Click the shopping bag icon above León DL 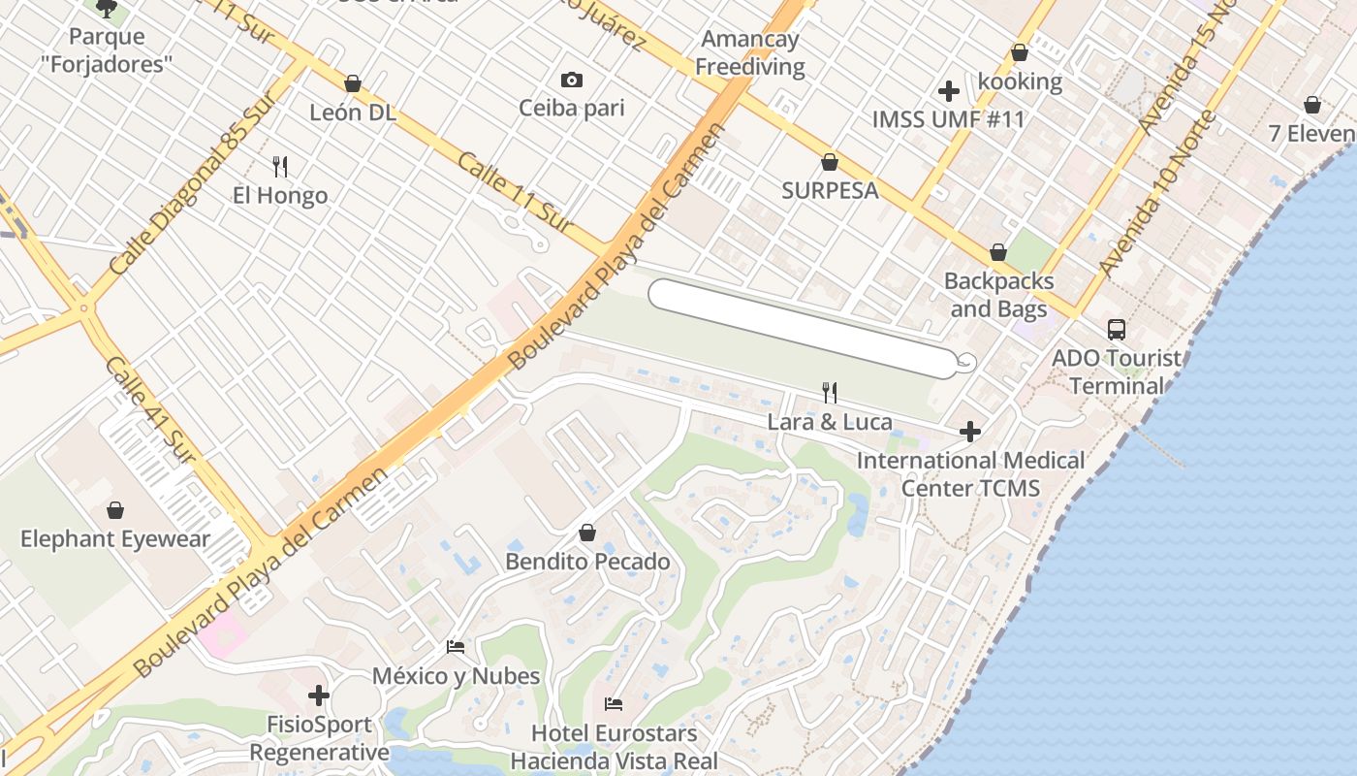click(x=353, y=83)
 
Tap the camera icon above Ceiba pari click(x=572, y=80)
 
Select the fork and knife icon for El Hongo click(x=280, y=167)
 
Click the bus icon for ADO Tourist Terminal click(x=1117, y=329)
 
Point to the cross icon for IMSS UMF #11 click(x=949, y=91)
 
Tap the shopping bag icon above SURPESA click(x=830, y=162)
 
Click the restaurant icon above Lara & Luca click(x=829, y=392)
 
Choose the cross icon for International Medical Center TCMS click(x=969, y=432)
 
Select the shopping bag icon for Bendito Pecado click(x=587, y=533)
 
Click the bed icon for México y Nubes click(x=456, y=646)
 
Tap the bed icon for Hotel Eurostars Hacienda click(x=614, y=703)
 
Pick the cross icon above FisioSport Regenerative click(x=319, y=695)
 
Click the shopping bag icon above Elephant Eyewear click(x=115, y=510)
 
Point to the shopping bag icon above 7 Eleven click(x=1312, y=105)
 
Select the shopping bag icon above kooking click(x=1020, y=52)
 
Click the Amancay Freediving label click(x=750, y=53)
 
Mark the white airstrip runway click(x=804, y=329)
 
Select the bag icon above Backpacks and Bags click(x=998, y=253)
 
